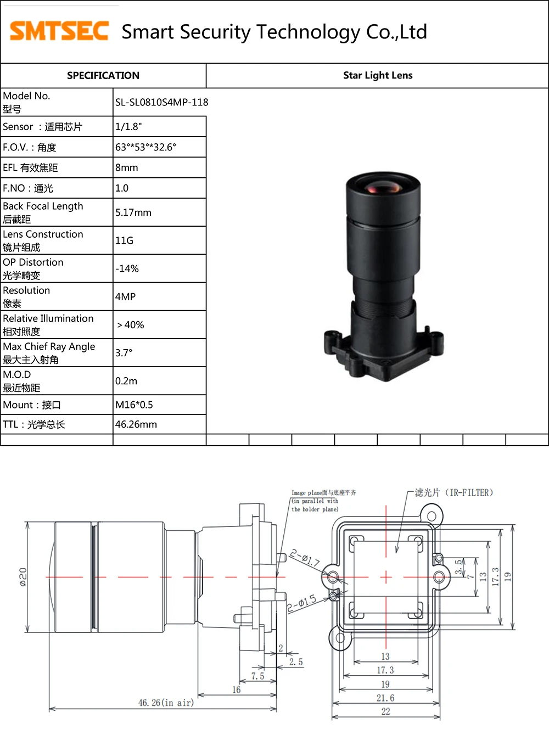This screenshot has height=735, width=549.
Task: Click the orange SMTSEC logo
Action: point(59,31)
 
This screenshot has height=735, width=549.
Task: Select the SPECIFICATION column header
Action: point(103,76)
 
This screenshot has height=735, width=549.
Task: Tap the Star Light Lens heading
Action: point(378,76)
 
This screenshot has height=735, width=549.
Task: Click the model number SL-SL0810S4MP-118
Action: point(161,102)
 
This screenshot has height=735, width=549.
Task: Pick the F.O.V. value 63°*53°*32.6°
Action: point(145,147)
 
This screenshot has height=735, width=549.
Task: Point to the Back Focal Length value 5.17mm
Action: point(133,212)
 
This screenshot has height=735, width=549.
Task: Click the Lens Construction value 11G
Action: point(124,240)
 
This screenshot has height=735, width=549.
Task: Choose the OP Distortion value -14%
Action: point(127,268)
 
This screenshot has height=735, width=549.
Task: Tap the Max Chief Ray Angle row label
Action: point(49,353)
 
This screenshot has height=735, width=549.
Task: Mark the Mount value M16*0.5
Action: point(134,405)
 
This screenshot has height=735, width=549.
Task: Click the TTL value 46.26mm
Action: point(136,424)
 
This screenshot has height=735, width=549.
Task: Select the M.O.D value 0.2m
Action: point(126,381)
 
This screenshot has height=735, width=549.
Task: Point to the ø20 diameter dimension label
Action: point(23,577)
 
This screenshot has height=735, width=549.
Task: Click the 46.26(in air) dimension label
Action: point(166,703)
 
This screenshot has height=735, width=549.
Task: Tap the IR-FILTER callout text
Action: point(453,493)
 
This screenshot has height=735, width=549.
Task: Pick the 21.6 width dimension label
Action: point(385,698)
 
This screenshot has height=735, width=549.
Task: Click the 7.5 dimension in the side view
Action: point(257,676)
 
